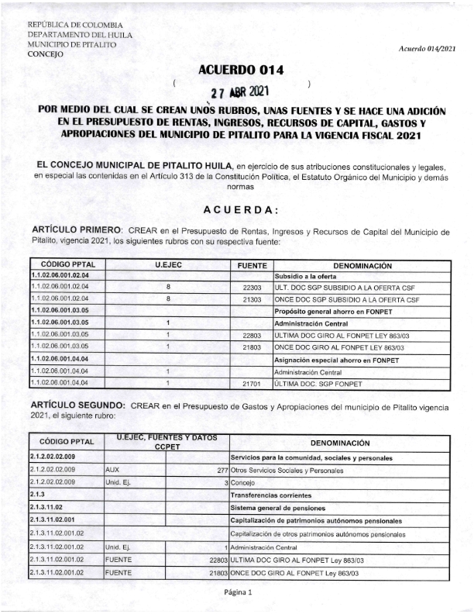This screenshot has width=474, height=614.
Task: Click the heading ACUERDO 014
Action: [241, 71]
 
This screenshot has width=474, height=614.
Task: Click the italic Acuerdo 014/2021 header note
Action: [428, 49]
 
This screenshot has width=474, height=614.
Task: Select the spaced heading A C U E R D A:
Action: [241, 211]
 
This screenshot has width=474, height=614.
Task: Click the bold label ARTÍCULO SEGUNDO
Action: [76, 405]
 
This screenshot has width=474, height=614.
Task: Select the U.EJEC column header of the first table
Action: [167, 265]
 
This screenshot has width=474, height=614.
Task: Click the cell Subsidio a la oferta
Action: [304, 276]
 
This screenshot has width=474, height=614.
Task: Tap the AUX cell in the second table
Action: [112, 470]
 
